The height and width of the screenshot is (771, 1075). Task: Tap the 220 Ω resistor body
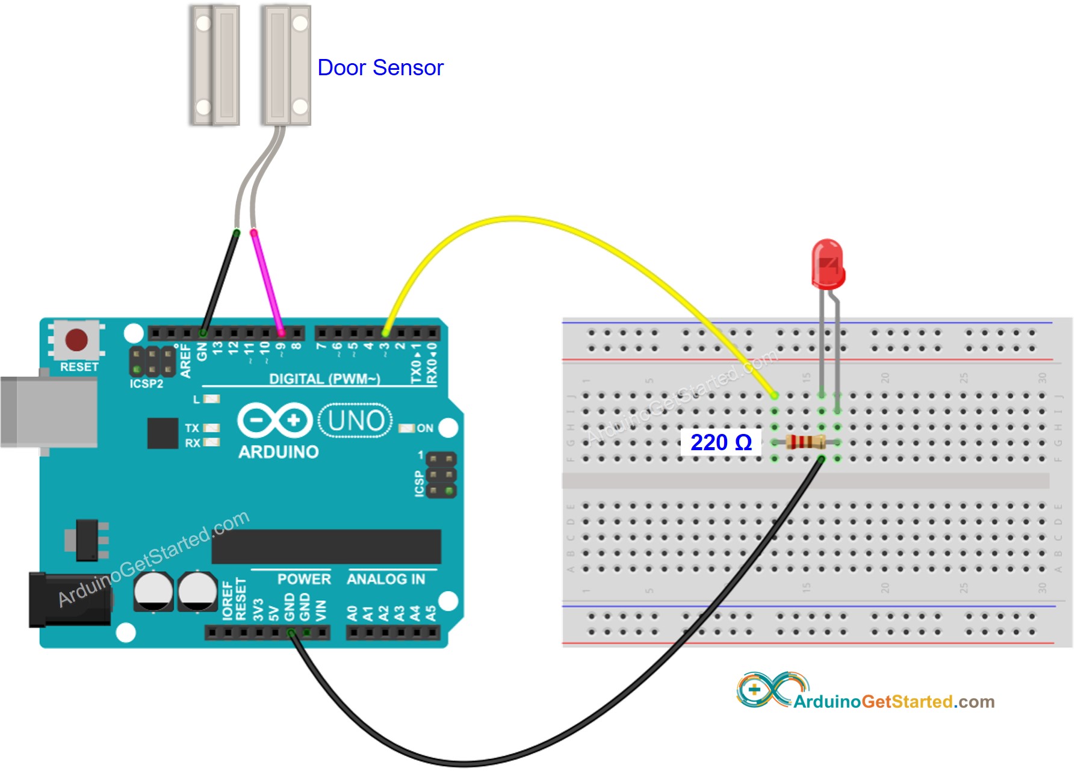click(x=805, y=442)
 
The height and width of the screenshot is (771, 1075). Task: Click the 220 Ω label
click(x=720, y=442)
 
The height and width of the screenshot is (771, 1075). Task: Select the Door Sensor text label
click(x=380, y=67)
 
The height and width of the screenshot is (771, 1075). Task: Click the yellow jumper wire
click(x=512, y=219)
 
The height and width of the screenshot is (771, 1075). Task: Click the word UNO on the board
click(x=356, y=420)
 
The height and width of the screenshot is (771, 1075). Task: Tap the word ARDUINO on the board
click(x=278, y=452)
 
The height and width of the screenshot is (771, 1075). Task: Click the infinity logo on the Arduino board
click(x=274, y=420)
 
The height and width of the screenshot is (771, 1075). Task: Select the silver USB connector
click(x=48, y=412)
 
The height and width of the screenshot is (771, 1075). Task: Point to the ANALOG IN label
click(x=386, y=579)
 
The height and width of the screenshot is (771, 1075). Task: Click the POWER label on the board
click(x=304, y=579)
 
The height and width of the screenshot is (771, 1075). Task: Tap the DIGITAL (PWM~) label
click(x=324, y=379)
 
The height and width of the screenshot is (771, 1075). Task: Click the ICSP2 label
click(x=146, y=383)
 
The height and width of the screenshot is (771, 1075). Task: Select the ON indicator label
click(x=425, y=428)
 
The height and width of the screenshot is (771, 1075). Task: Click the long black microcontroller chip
click(x=326, y=547)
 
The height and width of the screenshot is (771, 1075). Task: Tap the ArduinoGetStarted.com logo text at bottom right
click(x=893, y=702)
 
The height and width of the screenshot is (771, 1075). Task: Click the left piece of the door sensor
click(x=215, y=65)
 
